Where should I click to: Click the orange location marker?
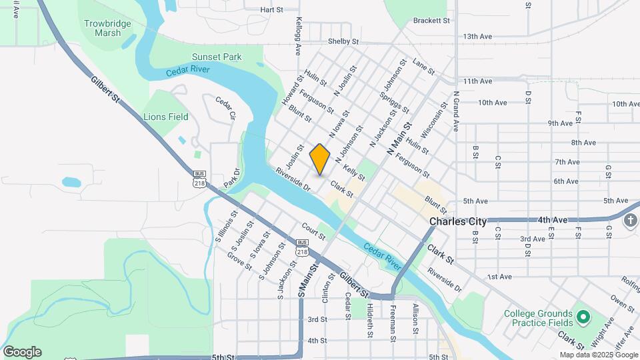320,159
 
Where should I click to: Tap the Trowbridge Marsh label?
103,28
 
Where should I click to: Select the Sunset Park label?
217,57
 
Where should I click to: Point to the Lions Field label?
166,117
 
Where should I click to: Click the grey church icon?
631,221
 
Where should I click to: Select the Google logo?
22,352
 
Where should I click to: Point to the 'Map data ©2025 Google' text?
599,355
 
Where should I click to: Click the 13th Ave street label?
477,36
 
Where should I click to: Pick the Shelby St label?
343,41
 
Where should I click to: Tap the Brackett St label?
431,21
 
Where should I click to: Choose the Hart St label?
272,10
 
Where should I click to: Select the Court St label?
313,231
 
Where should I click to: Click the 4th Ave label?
553,219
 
